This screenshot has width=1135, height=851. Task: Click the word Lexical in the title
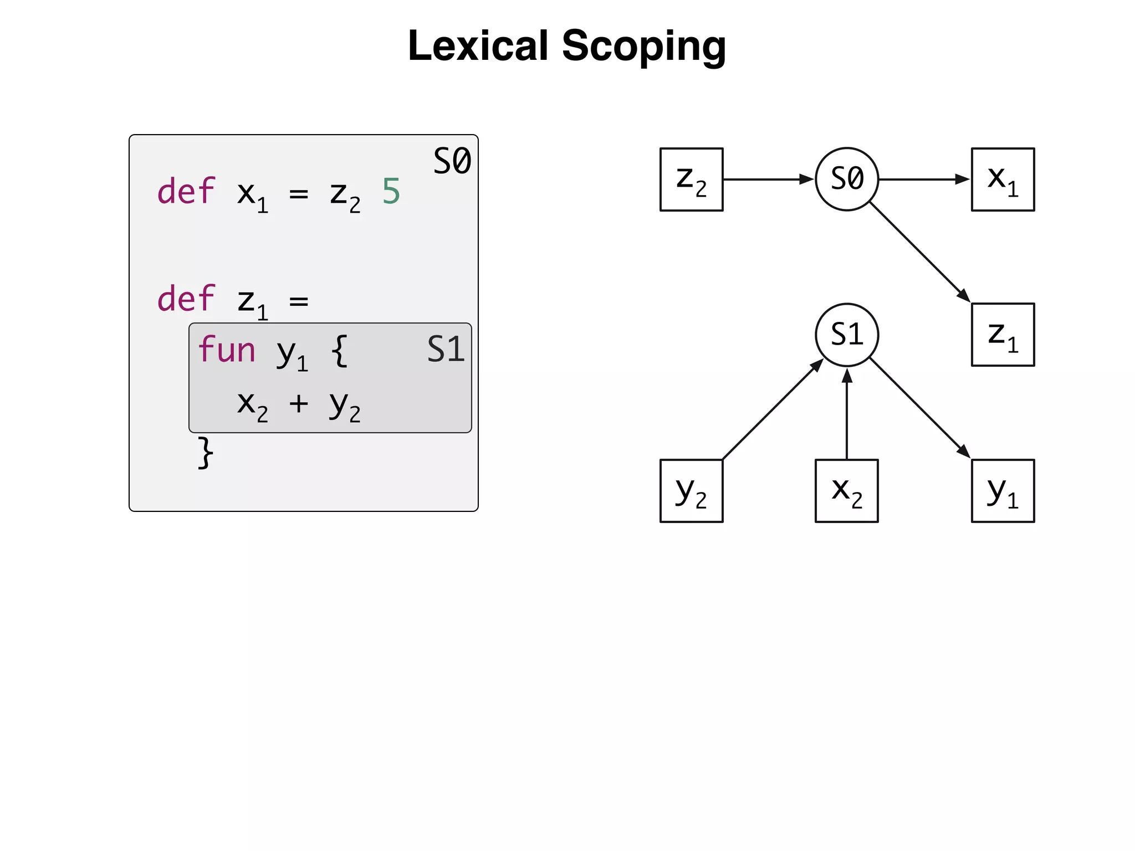(x=478, y=46)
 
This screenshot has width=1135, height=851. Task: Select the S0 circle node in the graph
(x=847, y=179)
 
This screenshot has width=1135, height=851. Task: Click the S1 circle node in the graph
(x=847, y=335)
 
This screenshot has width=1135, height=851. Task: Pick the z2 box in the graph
(x=691, y=180)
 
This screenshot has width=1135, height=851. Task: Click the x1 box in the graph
(x=1003, y=180)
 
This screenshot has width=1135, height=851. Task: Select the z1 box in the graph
(x=1003, y=335)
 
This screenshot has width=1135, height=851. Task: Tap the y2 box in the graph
(x=691, y=491)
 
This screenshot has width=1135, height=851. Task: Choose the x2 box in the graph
(x=846, y=491)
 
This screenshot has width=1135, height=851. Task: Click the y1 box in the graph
(x=1003, y=491)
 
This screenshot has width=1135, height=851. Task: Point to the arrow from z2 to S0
(x=768, y=180)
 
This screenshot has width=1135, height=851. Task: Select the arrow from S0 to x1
(x=924, y=180)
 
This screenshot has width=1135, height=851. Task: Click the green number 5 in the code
(x=391, y=192)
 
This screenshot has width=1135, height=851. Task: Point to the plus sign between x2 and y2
(x=298, y=403)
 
